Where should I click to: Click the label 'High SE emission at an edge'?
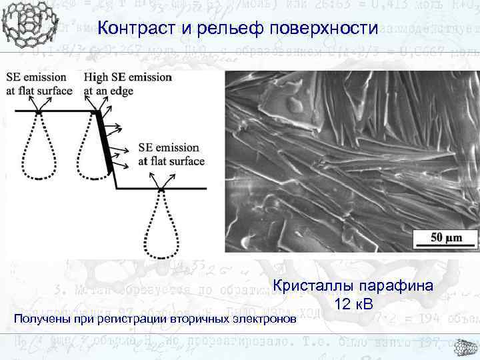click(127, 82)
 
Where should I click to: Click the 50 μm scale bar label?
click(445, 237)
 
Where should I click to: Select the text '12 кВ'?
click(355, 304)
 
